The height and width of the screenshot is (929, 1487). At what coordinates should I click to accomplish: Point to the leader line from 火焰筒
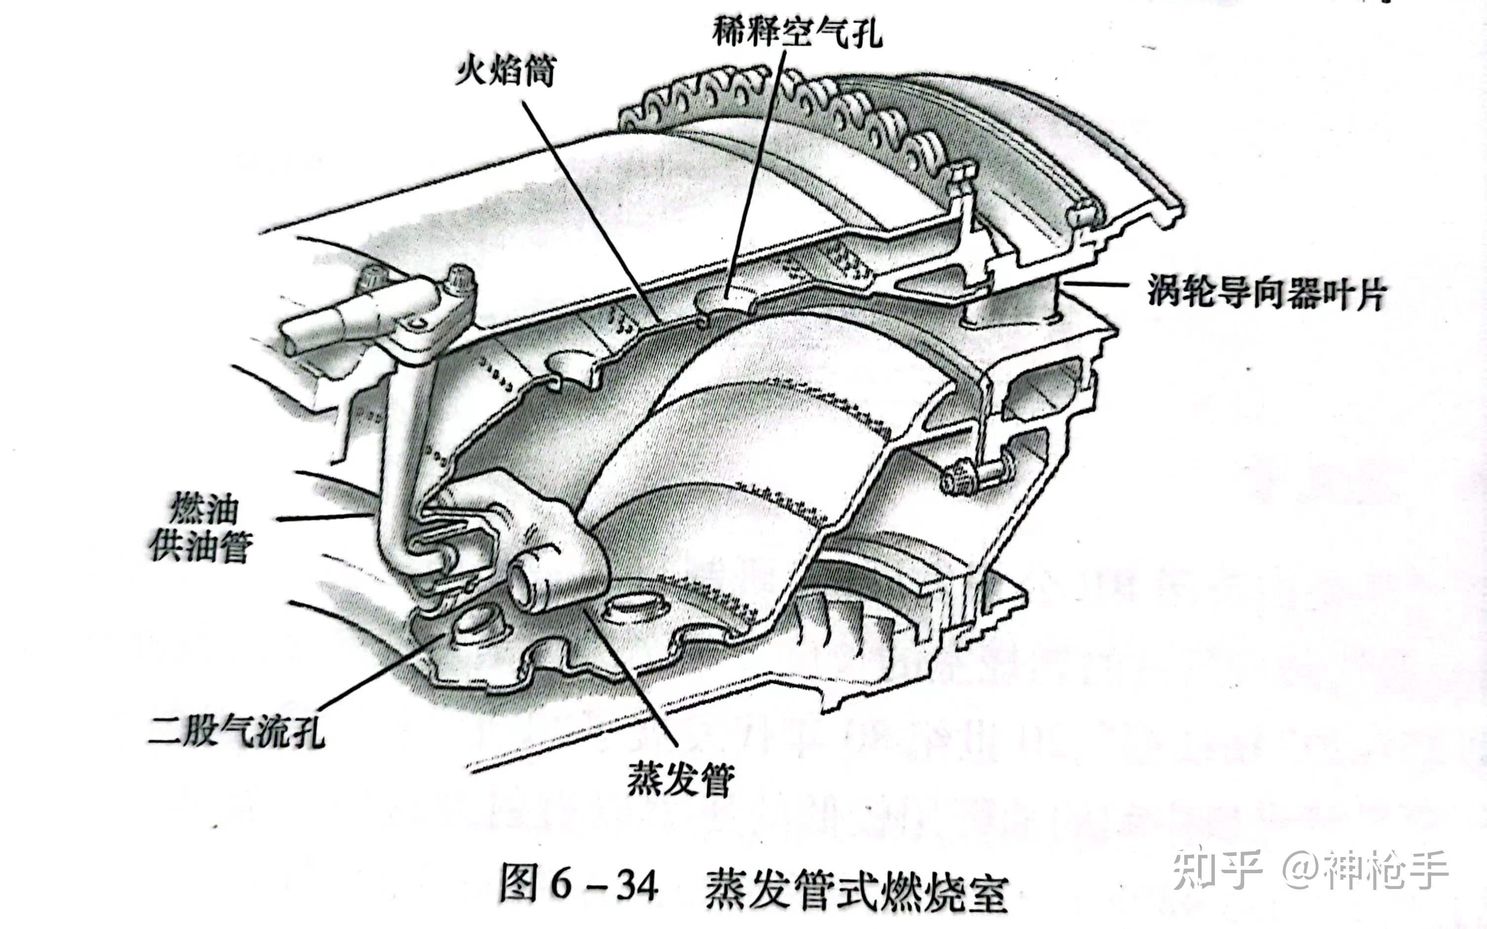point(590,209)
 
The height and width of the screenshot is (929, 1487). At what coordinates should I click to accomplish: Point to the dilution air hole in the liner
point(725,296)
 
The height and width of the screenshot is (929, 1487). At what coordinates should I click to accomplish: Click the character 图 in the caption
point(520,884)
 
